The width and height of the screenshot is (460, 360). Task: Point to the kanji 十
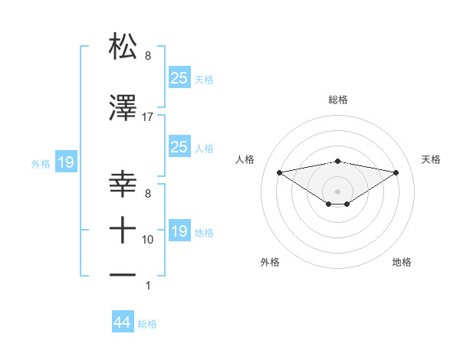click(x=123, y=229)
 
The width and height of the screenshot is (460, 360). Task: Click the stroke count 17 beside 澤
click(x=148, y=117)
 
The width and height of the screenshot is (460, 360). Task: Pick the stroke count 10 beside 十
click(x=148, y=240)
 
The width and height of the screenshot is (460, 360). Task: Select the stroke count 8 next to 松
click(x=148, y=55)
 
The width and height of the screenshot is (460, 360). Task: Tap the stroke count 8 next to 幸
click(x=148, y=195)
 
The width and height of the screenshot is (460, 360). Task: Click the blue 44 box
click(x=123, y=322)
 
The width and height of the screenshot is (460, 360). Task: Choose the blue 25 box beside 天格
click(x=179, y=77)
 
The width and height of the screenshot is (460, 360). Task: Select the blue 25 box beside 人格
click(x=179, y=147)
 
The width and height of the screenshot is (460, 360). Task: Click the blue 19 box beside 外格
click(x=65, y=162)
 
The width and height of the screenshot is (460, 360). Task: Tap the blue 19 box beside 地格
click(x=179, y=231)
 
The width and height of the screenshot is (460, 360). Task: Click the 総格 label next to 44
click(x=147, y=324)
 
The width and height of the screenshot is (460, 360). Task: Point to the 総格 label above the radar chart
click(x=337, y=100)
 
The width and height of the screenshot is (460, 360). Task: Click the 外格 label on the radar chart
click(x=270, y=262)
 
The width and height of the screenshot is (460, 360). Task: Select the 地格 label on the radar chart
click(x=402, y=262)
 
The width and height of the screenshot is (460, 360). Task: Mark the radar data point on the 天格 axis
click(x=396, y=172)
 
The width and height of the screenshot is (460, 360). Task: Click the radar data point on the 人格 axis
click(x=279, y=172)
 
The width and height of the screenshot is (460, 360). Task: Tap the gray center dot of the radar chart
click(x=337, y=190)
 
